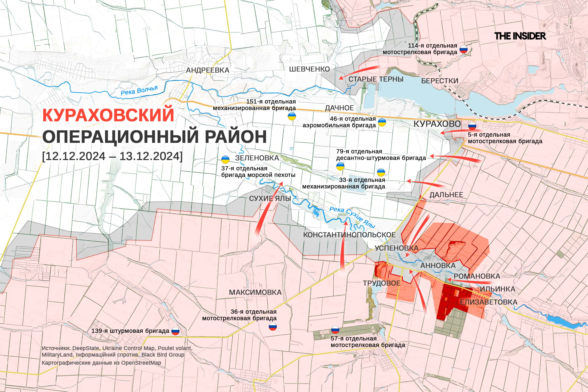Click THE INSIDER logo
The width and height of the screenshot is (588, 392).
click(520, 36)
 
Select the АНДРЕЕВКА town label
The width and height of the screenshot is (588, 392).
click(208, 70)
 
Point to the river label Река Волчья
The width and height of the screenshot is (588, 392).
click(139, 91)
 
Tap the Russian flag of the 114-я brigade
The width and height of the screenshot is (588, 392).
click(463, 50)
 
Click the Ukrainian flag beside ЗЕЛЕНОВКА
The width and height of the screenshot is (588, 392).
click(225, 159)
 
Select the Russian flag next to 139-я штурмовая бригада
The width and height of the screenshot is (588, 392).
click(175, 331)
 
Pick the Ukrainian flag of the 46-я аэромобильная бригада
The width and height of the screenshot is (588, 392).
click(382, 122)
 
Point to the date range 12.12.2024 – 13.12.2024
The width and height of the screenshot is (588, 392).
click(113, 156)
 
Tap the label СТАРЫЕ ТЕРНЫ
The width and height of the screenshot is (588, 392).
click(376, 79)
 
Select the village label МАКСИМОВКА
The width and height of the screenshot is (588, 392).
click(255, 292)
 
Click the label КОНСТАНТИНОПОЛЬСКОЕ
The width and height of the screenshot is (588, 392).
click(349, 235)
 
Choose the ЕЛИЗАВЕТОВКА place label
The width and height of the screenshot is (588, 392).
click(488, 302)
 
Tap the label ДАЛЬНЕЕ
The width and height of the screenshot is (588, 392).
click(446, 195)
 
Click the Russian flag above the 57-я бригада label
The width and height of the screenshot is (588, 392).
click(335, 330)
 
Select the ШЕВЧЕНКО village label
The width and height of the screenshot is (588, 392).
click(309, 69)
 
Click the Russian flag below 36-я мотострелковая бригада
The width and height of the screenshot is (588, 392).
click(272, 326)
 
